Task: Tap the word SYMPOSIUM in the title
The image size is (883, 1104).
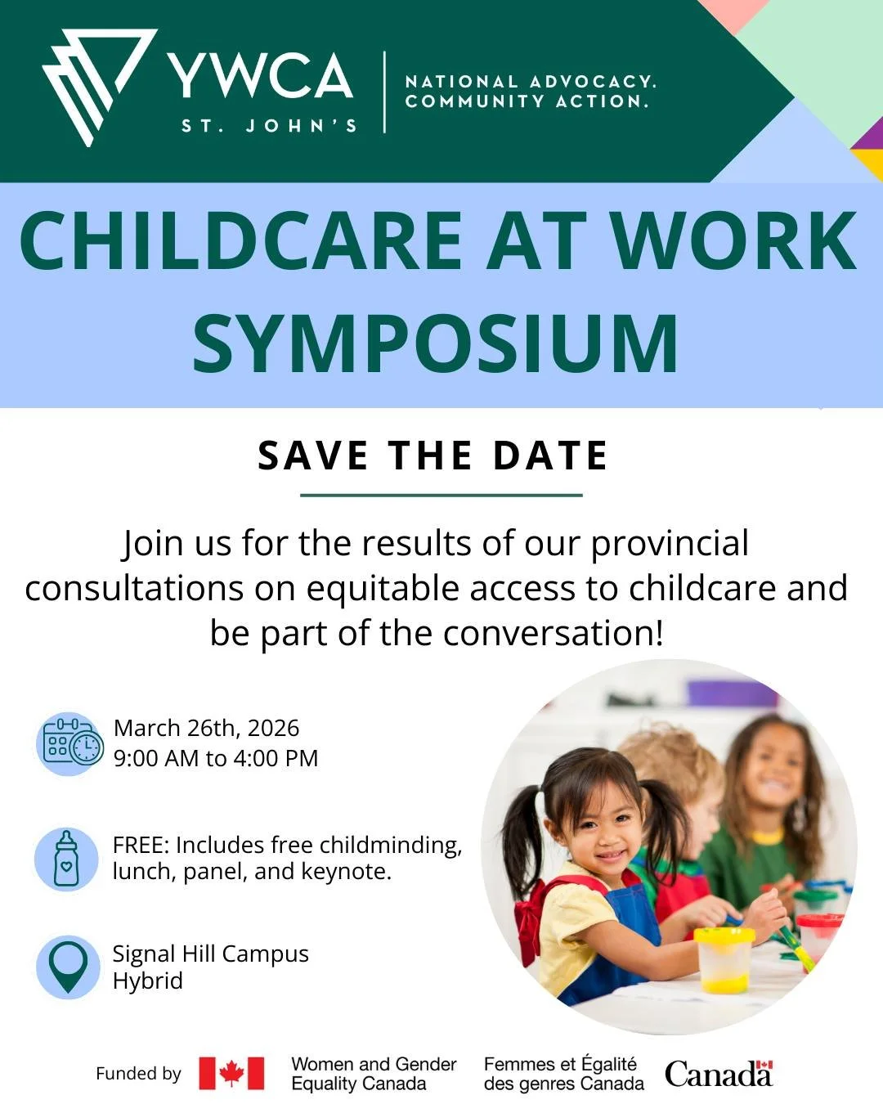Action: (435, 343)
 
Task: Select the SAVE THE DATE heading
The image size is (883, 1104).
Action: (433, 456)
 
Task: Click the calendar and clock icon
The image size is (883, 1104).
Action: (71, 743)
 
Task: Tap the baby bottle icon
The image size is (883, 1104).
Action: (67, 859)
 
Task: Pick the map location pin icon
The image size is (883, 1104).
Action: (68, 967)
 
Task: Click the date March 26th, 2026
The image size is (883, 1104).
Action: (206, 728)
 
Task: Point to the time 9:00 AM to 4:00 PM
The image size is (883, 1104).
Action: (216, 758)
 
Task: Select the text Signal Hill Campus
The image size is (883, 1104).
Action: (210, 954)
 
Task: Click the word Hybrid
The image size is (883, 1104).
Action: (148, 981)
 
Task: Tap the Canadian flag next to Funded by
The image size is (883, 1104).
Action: (231, 1073)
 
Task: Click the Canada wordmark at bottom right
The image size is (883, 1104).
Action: (718, 1074)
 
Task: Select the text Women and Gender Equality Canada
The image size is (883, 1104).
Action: (374, 1074)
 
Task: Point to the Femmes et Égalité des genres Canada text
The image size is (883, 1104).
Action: (563, 1074)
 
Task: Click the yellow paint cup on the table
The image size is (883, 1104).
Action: (724, 959)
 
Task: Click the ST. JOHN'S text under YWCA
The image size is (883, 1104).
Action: (269, 126)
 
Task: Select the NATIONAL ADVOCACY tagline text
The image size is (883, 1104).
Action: (530, 82)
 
